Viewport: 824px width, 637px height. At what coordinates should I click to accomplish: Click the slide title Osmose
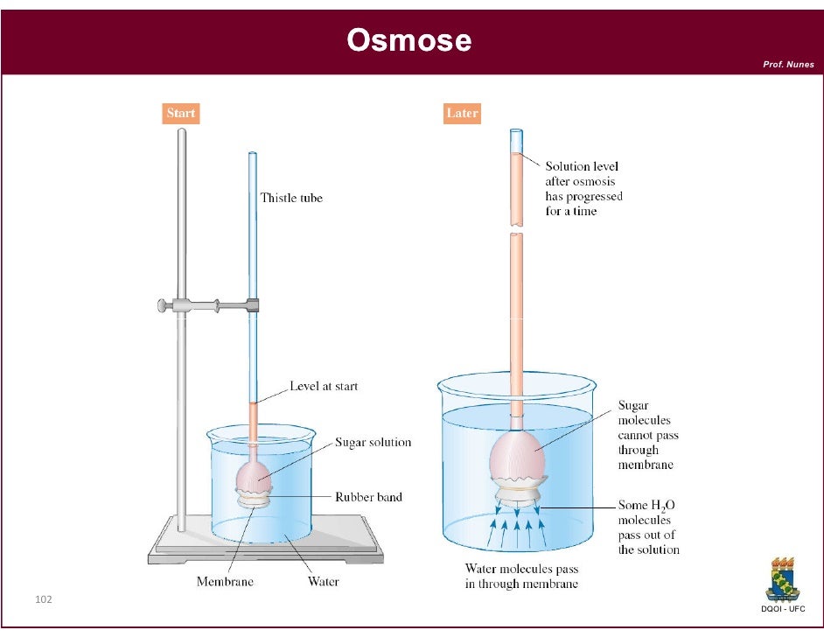pyautogui.click(x=409, y=40)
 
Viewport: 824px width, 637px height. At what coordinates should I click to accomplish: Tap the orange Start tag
pyautogui.click(x=181, y=113)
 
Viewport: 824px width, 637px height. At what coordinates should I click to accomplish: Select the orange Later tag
pyautogui.click(x=462, y=113)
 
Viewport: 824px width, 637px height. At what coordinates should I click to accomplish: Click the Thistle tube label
pyautogui.click(x=291, y=198)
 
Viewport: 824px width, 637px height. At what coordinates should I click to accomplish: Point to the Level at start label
pyautogui.click(x=324, y=386)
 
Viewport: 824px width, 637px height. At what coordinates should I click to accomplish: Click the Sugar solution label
pyautogui.click(x=373, y=442)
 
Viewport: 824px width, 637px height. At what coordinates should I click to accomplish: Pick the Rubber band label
pyautogui.click(x=368, y=497)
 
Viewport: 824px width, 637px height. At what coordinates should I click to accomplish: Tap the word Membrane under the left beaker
pyautogui.click(x=225, y=581)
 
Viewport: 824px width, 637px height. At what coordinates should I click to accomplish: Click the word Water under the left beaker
pyautogui.click(x=323, y=581)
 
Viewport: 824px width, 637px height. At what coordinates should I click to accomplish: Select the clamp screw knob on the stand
pyautogui.click(x=162, y=305)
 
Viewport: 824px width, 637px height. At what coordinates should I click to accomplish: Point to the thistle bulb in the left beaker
pyautogui.click(x=255, y=473)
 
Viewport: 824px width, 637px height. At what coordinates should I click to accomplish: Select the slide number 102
pyautogui.click(x=44, y=599)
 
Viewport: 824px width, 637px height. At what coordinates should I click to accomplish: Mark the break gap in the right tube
pyautogui.click(x=516, y=232)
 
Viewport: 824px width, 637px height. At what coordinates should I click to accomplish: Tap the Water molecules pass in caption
pyautogui.click(x=521, y=576)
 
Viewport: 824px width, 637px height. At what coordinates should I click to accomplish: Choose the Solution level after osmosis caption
pyautogui.click(x=583, y=188)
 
